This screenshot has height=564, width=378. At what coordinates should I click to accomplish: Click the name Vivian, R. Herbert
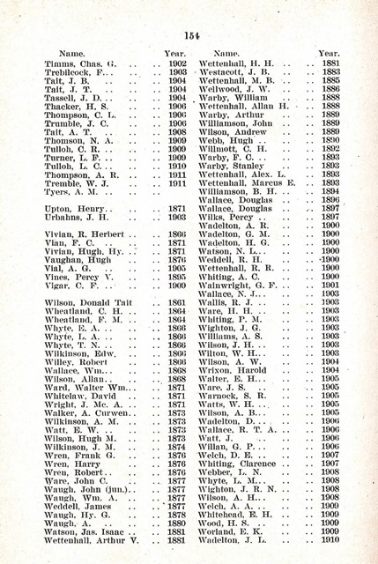(86, 235)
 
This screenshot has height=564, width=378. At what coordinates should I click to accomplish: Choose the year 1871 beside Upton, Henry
(176, 207)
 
